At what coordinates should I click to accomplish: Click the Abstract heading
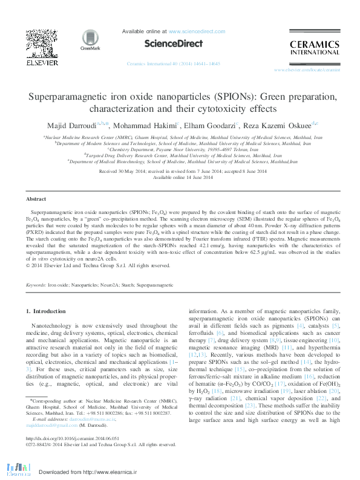[36, 199]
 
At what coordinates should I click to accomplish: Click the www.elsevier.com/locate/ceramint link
[307, 71]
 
